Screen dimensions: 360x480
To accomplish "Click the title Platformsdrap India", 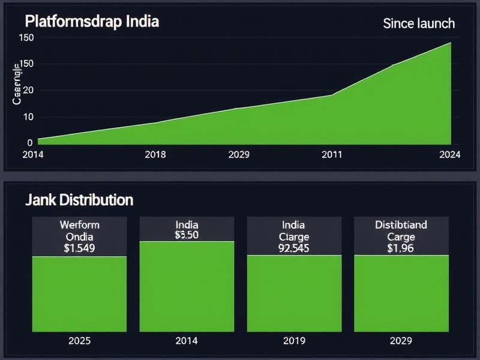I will click(92, 22).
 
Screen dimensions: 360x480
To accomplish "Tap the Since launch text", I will click(418, 23).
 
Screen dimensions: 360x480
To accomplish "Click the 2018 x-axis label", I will click(155, 154).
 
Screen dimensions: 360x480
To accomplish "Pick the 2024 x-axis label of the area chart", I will click(449, 154).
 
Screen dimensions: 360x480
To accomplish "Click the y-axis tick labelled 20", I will click(27, 90).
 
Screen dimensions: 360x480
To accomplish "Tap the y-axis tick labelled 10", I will click(27, 116).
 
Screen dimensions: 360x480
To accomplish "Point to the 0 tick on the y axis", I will click(29, 143).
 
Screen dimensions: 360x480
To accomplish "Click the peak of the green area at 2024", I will click(450, 43).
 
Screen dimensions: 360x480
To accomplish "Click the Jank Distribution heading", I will click(79, 199).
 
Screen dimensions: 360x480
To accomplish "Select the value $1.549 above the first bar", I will click(79, 247).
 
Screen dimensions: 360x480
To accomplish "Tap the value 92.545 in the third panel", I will click(293, 247).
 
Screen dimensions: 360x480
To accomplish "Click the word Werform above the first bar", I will click(79, 225).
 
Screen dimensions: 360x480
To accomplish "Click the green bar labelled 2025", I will click(79, 294).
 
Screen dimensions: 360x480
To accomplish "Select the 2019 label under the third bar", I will click(293, 341).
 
